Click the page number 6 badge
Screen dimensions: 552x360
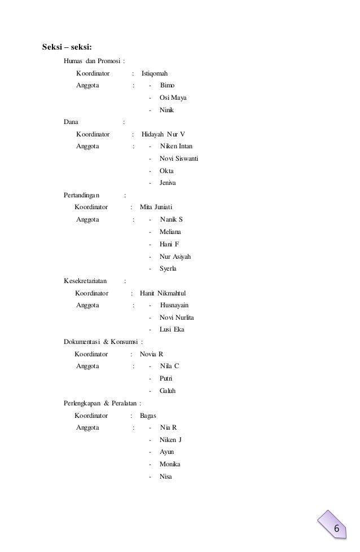point(336,528)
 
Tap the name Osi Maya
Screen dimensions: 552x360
point(173,98)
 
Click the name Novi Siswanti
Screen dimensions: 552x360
point(179,158)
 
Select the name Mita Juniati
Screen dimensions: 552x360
point(156,207)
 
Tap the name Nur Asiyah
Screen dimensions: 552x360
point(175,257)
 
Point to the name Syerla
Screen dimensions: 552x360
point(168,269)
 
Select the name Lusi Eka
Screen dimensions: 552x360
point(172,329)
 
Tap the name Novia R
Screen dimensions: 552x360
point(151,354)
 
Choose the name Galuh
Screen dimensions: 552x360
point(169,391)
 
